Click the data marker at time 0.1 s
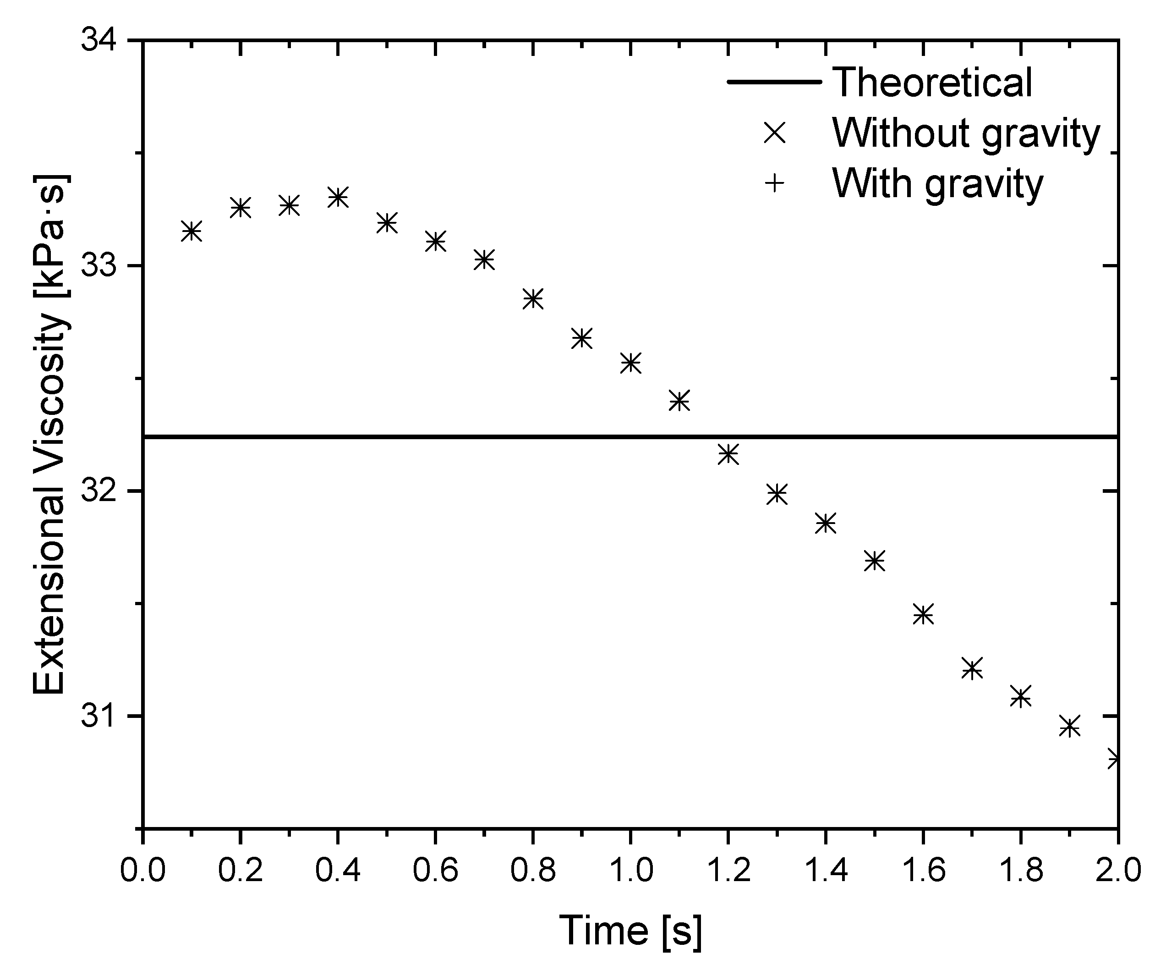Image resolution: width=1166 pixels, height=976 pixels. point(192,231)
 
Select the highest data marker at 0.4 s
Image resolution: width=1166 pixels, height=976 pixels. point(338,197)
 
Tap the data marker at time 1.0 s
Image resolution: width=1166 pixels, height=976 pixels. point(630,363)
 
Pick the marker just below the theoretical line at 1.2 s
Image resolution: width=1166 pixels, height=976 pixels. point(728,454)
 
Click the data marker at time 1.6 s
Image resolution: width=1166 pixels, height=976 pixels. point(923,614)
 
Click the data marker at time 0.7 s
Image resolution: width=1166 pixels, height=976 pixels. point(484,259)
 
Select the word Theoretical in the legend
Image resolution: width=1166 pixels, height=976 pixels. point(932,82)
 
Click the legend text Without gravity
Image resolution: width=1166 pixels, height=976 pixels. point(966,133)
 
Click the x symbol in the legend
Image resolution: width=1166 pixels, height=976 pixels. point(775,133)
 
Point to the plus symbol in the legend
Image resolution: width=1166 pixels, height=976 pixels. point(775,183)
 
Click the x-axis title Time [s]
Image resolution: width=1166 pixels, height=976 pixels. point(630,931)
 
